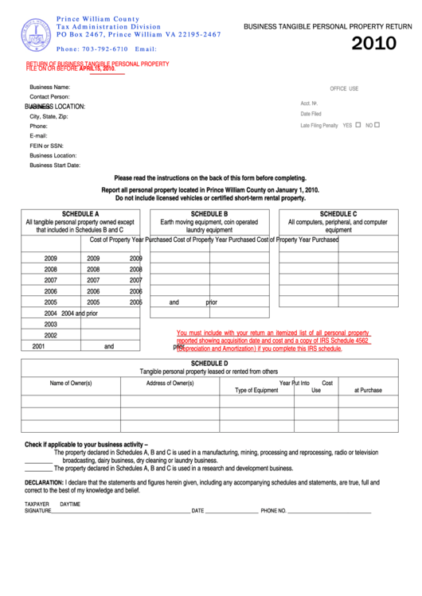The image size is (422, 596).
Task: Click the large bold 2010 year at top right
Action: (373, 44)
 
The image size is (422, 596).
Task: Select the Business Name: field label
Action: (50, 87)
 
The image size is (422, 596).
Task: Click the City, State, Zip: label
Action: (49, 116)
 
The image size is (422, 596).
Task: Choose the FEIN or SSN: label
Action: (46, 146)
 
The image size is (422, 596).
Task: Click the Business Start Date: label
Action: (55, 166)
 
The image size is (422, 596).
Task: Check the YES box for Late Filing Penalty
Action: (358, 125)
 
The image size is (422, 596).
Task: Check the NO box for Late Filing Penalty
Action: (377, 125)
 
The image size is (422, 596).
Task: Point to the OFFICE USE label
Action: (344, 88)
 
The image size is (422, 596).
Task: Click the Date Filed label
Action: (311, 114)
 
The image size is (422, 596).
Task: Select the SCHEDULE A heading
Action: (80, 214)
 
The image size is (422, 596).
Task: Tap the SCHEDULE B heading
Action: (209, 214)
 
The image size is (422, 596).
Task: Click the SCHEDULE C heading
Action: (338, 214)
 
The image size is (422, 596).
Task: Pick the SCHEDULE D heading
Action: (209, 363)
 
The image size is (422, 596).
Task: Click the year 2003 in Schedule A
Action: (51, 325)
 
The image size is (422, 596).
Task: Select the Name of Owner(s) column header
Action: (71, 383)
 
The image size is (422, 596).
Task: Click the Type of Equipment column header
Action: (256, 390)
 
